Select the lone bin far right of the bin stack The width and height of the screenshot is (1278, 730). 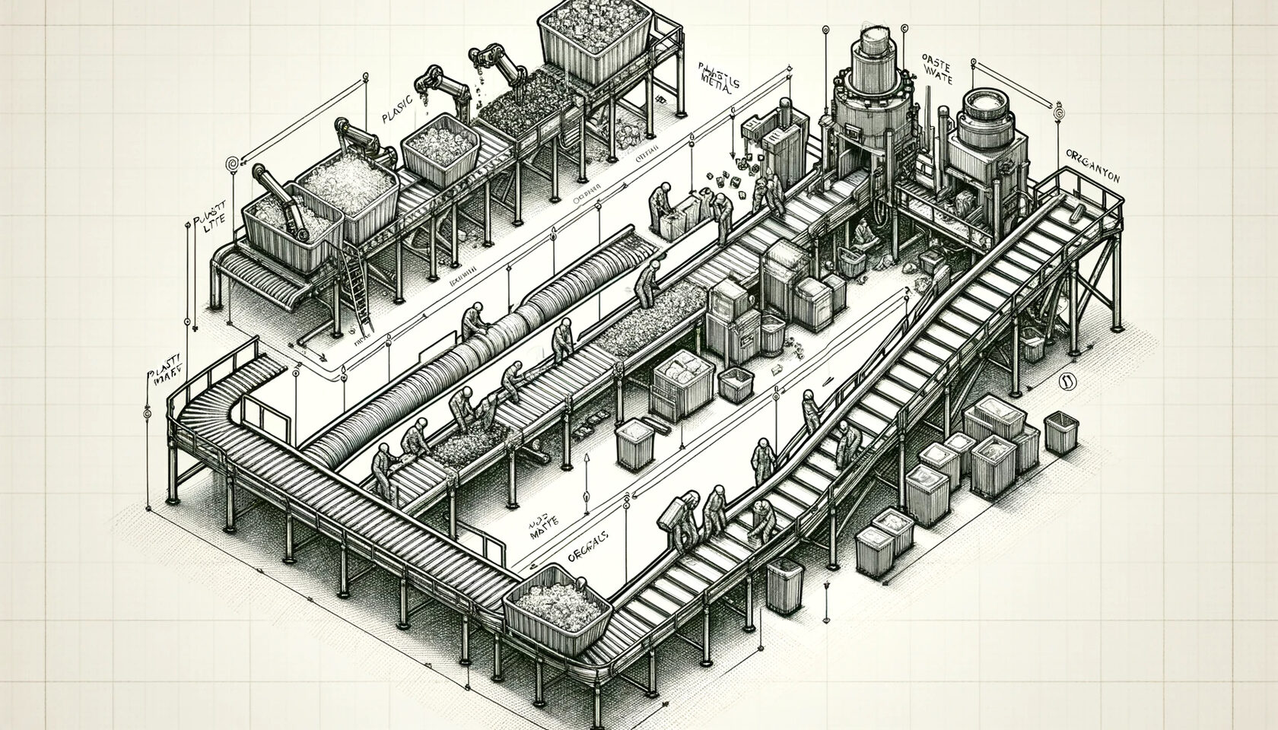[x=1059, y=433]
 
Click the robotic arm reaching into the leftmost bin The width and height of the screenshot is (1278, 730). [x=275, y=190]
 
